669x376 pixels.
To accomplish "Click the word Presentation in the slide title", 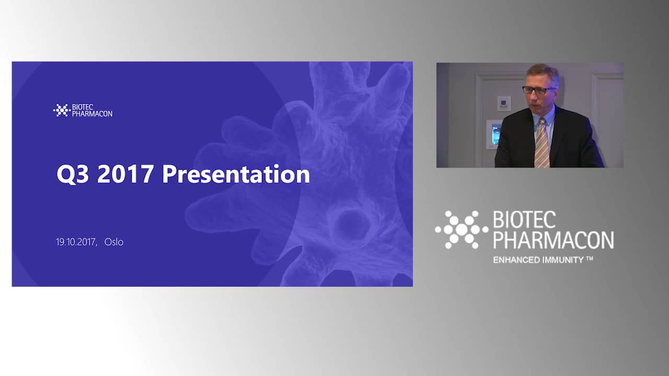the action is pos(236,174).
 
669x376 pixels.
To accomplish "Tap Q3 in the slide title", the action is pos(73,174).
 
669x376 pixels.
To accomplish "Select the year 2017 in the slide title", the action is pos(125,174).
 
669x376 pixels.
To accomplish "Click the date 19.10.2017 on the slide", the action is pos(77,242).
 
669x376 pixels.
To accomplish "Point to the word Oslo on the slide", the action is pos(114,242).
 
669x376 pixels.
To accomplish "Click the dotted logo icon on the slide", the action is pos(62,110).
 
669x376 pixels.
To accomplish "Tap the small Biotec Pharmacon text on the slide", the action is pos(92,110).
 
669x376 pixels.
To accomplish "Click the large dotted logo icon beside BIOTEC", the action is pos(462,229).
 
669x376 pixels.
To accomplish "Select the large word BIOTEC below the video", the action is pos(524,220).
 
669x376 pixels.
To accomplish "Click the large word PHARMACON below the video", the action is pos(553,240).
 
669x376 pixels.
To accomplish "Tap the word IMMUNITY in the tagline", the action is pos(563,260).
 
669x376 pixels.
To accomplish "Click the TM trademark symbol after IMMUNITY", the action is pos(589,258).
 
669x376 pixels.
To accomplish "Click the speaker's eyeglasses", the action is pos(538,90).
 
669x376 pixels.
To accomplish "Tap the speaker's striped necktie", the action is pos(542,143).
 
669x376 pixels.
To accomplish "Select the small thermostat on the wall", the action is pos(504,103).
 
